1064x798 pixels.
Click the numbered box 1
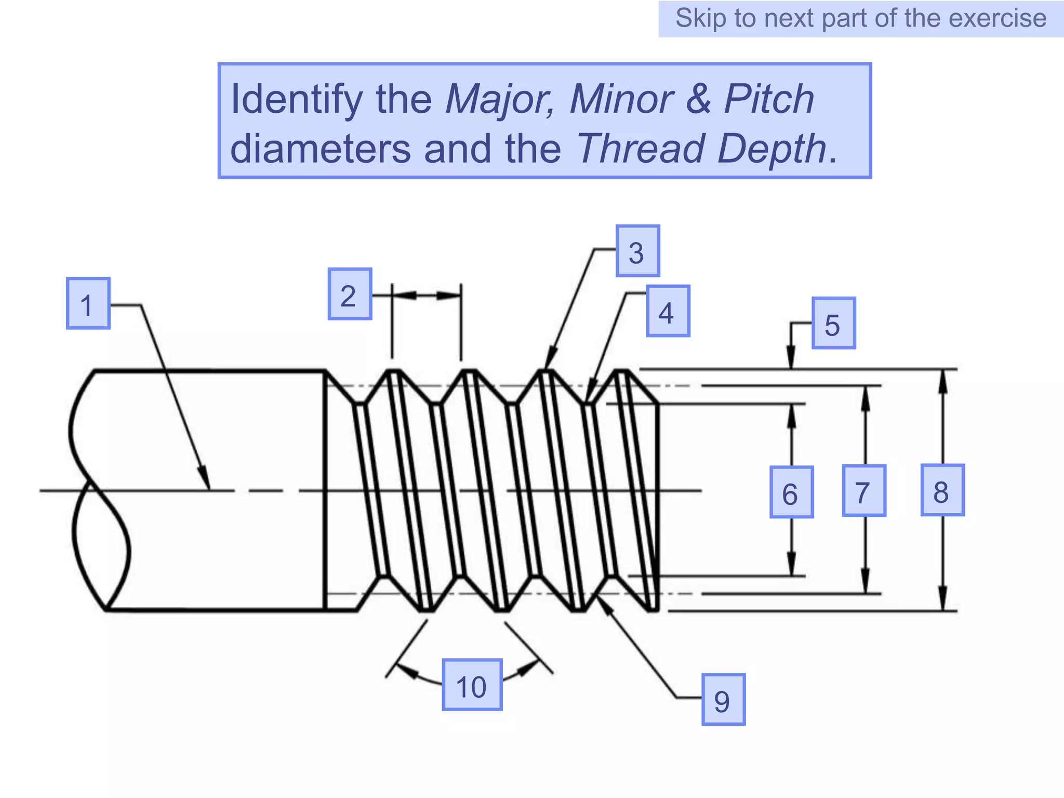[88, 303]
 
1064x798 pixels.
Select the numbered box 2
[350, 294]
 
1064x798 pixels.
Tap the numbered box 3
[637, 251]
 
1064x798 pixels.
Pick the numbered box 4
[668, 311]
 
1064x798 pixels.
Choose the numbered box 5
[833, 323]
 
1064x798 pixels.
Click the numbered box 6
[791, 492]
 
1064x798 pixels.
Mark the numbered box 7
[863, 491]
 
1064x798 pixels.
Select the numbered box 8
[942, 490]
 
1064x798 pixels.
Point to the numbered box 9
[723, 700]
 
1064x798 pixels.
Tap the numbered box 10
[472, 685]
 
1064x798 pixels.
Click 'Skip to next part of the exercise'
[860, 19]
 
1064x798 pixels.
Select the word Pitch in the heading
[769, 99]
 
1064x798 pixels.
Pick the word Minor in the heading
[621, 99]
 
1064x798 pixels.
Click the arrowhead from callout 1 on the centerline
[206, 480]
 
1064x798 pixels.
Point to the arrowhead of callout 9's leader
[604, 606]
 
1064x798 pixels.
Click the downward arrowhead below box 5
[791, 361]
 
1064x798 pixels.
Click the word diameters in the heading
[320, 149]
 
